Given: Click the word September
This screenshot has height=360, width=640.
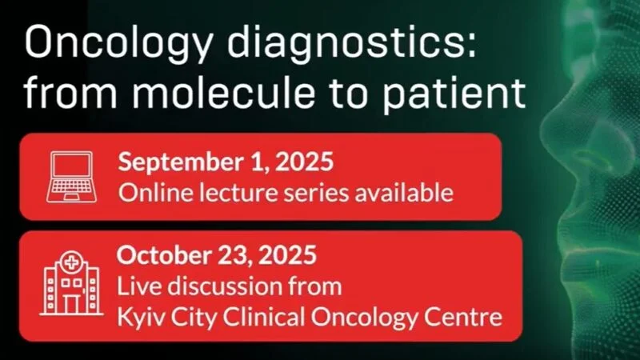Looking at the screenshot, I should (x=171, y=162).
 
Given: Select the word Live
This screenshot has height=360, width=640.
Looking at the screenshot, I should (x=135, y=286).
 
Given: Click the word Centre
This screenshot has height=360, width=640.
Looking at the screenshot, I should (x=464, y=317).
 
